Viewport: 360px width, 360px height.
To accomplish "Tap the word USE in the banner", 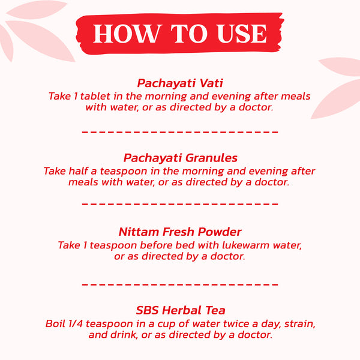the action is coord(242,34).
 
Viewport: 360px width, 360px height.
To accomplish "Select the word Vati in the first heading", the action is coord(211,83).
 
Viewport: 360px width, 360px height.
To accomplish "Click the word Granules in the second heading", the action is coord(211,158).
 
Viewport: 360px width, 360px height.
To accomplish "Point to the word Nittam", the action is coord(139,232).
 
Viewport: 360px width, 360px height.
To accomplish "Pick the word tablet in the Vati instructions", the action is coord(95,96).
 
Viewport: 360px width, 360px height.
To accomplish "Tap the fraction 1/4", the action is coord(76,324).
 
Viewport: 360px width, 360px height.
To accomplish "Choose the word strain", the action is coord(299,324).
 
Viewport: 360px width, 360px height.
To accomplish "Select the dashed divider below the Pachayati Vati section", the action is coord(180,132).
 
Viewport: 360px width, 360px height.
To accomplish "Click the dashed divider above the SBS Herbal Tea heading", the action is coord(180,284).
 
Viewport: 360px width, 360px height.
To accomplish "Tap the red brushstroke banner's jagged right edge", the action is coord(281,33).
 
